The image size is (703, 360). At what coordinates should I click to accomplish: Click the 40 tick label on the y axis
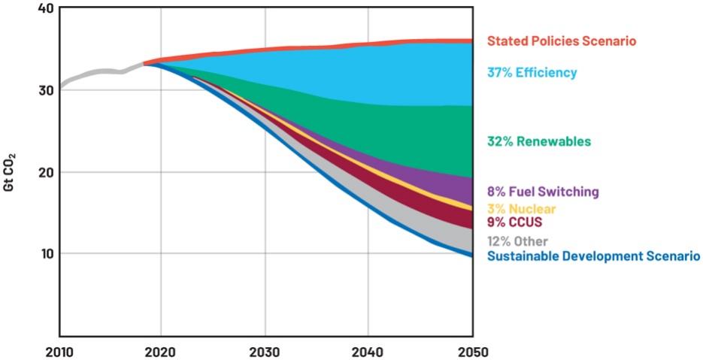45,8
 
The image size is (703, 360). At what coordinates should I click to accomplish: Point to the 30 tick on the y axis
45,90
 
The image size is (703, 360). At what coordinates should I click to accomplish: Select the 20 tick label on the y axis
45,172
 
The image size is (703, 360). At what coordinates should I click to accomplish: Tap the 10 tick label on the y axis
45,253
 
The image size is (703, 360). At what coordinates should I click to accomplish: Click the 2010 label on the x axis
59,352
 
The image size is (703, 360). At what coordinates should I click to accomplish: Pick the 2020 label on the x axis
162,352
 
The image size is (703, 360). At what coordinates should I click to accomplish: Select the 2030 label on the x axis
265,352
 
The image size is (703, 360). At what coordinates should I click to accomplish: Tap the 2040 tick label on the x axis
368,352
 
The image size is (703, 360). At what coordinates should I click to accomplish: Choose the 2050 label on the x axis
471,352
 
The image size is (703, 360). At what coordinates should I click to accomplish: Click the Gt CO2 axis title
10,172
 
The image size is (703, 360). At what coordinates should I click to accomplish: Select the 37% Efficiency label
532,73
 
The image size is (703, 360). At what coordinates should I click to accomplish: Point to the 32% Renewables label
538,141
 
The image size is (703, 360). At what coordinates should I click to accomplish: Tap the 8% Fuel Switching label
543,192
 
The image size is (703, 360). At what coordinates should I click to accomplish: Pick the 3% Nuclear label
522,208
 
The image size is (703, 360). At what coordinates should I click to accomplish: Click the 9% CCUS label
515,222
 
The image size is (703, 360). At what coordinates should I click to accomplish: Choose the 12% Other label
518,241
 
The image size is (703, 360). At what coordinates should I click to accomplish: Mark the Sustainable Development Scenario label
593,256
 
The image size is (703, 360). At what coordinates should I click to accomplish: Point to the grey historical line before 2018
98,72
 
